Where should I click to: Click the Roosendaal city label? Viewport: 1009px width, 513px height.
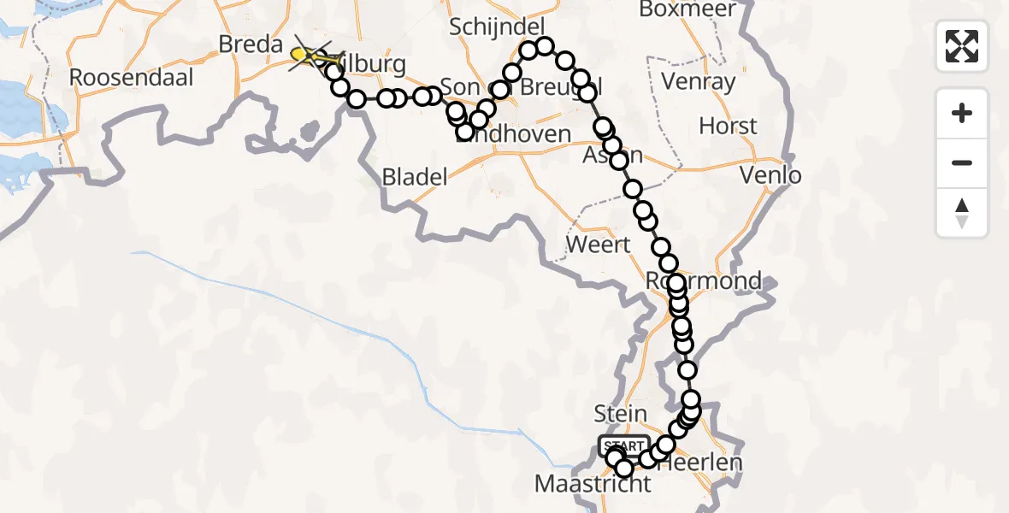pyautogui.click(x=132, y=77)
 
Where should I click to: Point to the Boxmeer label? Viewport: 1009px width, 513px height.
pyautogui.click(x=682, y=9)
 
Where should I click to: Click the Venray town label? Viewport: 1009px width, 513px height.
pyautogui.click(x=699, y=82)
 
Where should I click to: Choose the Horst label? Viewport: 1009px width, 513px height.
pyautogui.click(x=728, y=127)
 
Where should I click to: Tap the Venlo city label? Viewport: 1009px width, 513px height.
pyautogui.click(x=772, y=176)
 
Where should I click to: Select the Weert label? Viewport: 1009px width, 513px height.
pyautogui.click(x=599, y=245)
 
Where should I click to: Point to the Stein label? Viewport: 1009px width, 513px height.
pyautogui.click(x=620, y=414)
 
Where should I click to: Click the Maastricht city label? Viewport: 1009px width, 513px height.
pyautogui.click(x=593, y=484)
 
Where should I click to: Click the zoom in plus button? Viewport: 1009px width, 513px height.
pyautogui.click(x=962, y=113)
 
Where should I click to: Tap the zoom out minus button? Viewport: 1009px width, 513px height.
pyautogui.click(x=962, y=162)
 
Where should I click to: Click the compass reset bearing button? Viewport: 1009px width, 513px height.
pyautogui.click(x=962, y=213)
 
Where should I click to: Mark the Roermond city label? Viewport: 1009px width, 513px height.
pyautogui.click(x=717, y=280)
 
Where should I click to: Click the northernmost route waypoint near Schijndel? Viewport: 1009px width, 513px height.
pyautogui.click(x=544, y=46)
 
